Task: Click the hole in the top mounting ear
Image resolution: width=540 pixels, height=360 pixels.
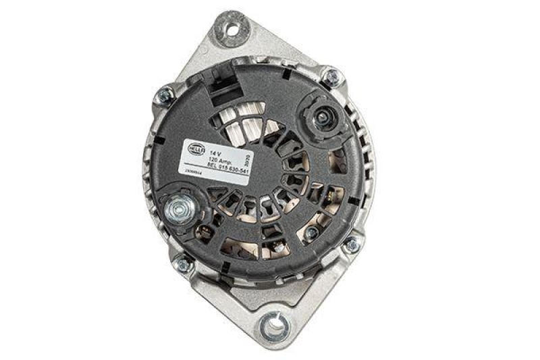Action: pos(234,29)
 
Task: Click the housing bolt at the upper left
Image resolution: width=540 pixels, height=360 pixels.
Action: pos(164,95)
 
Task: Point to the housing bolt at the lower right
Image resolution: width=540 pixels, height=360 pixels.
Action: pos(351,245)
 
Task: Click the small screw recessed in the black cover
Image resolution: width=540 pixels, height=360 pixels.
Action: pos(311,233)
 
